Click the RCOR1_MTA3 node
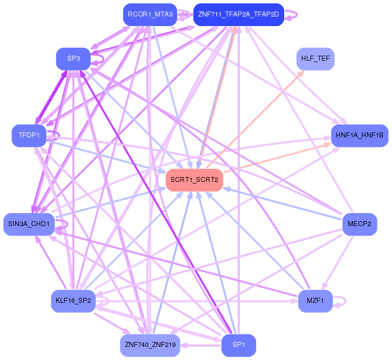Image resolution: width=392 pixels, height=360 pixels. click(x=150, y=15)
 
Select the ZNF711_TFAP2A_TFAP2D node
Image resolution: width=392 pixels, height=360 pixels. click(x=239, y=15)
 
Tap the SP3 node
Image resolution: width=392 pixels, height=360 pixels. click(x=73, y=59)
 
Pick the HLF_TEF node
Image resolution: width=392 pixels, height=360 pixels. click(x=315, y=59)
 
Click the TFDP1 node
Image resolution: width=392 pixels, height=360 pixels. click(x=29, y=135)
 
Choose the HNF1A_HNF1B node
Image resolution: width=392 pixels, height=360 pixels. click(x=359, y=135)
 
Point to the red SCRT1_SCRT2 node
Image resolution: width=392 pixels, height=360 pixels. click(x=194, y=179)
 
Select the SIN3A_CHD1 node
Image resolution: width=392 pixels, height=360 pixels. click(x=29, y=224)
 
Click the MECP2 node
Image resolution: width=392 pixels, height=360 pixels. click(x=359, y=224)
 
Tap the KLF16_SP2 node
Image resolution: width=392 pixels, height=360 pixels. click(x=73, y=301)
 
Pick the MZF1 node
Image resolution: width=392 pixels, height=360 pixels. click(x=315, y=301)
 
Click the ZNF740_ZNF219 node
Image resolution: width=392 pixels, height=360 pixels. click(x=150, y=345)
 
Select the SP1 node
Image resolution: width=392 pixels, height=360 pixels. click(x=239, y=345)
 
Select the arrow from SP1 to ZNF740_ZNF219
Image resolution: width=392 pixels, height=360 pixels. click(x=201, y=345)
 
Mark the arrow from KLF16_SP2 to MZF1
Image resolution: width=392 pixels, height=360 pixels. click(x=201, y=302)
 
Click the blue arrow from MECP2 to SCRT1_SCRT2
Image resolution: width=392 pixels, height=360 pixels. click(x=281, y=203)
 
